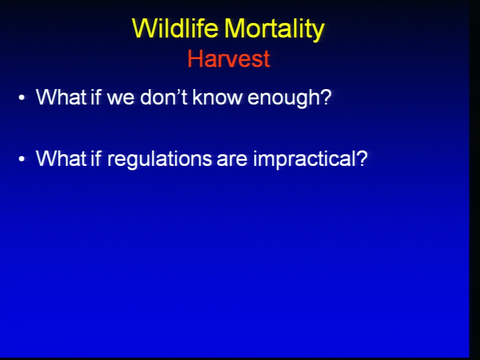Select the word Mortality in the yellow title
[x=274, y=29]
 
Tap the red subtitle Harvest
[x=228, y=58]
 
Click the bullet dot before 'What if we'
[x=21, y=97]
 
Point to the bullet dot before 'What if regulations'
[x=21, y=159]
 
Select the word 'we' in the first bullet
[x=120, y=98]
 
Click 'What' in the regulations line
[x=61, y=158]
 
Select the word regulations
[x=159, y=160]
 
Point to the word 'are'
[x=231, y=160]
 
